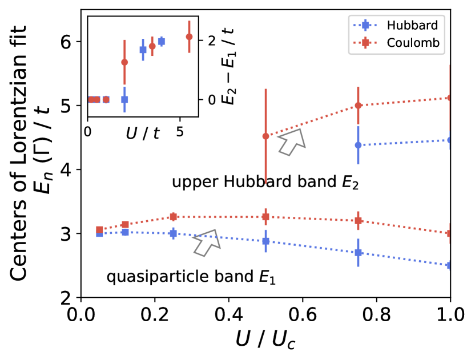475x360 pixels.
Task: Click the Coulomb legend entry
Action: tap(406, 43)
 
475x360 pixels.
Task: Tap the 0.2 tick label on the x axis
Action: tap(155, 314)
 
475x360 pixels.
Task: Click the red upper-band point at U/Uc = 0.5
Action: tap(265, 136)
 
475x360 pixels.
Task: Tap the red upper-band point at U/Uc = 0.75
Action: tap(358, 106)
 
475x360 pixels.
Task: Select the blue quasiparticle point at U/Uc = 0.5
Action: tap(265, 241)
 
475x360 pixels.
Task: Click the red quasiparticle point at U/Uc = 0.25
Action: tap(174, 217)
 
